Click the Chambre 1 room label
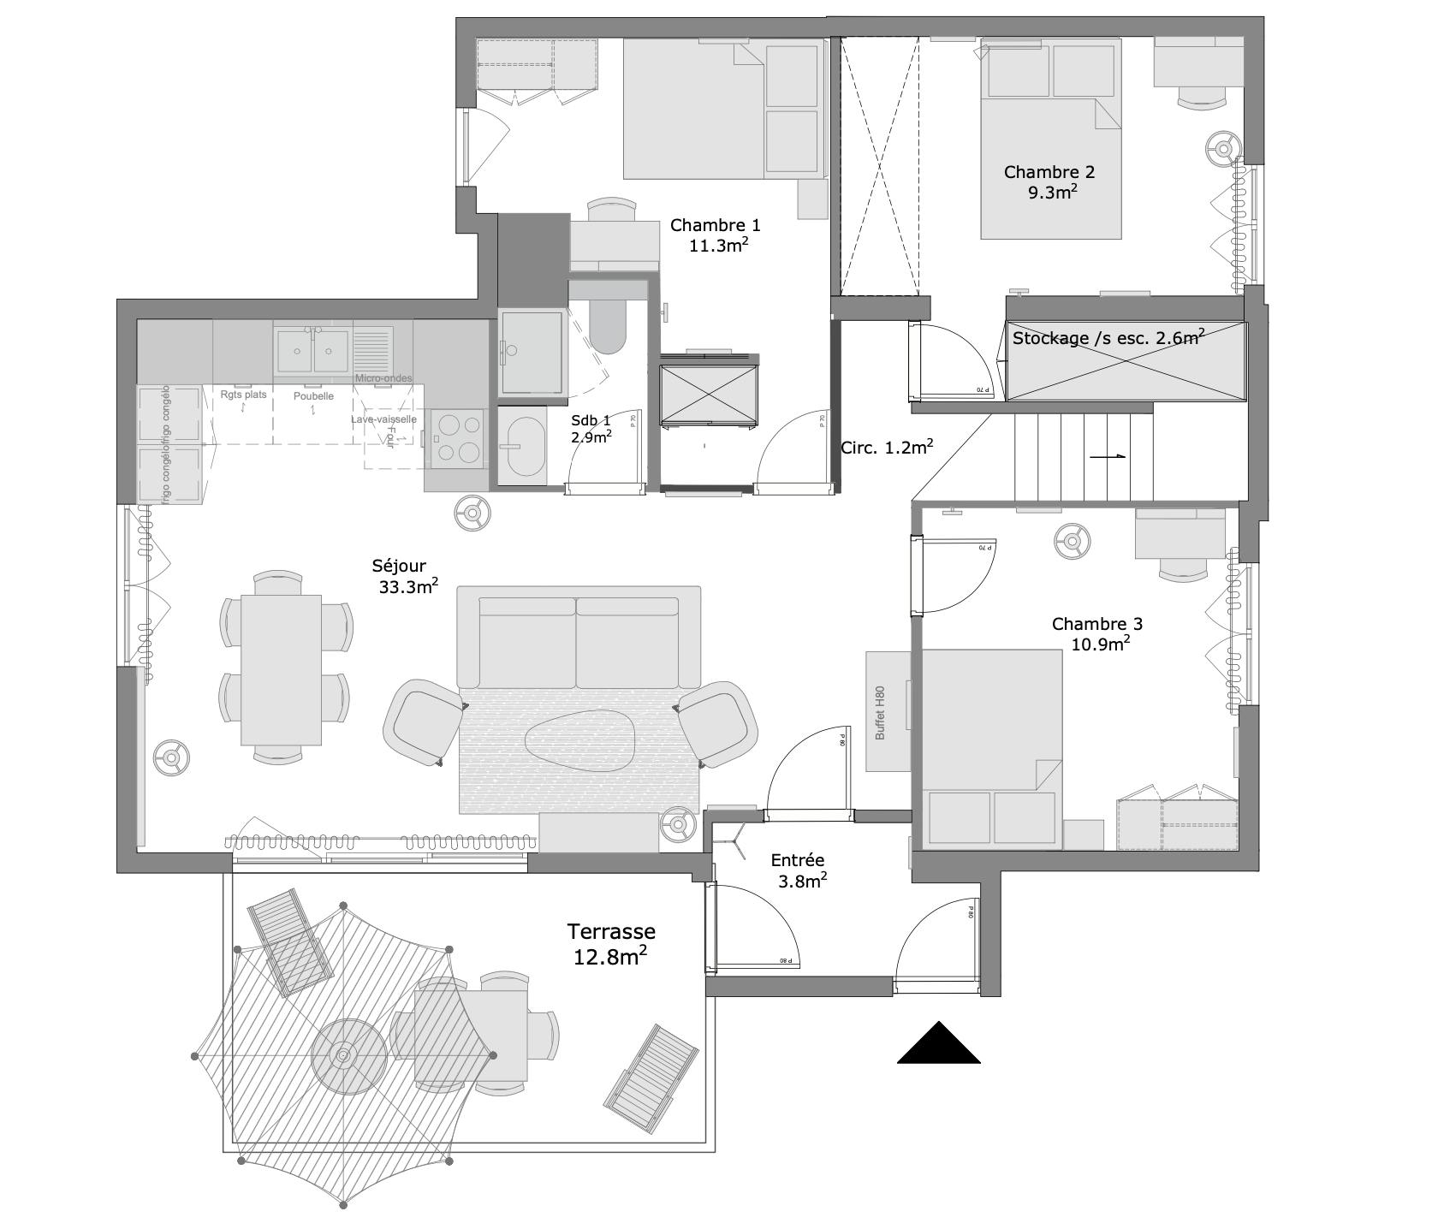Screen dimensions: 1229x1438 click(715, 226)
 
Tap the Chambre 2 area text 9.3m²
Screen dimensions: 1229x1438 click(1052, 193)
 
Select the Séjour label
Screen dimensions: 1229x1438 click(399, 566)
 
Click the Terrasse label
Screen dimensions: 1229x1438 click(611, 931)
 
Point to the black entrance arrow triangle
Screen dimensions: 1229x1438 click(938, 1044)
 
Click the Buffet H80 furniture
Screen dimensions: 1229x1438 click(888, 711)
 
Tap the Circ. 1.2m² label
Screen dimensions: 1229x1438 click(886, 447)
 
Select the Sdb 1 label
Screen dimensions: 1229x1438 click(591, 420)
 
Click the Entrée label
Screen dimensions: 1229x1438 click(797, 860)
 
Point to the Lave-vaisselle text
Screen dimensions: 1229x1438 click(383, 419)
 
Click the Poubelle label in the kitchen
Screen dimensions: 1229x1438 click(313, 396)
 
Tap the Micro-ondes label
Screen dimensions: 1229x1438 click(383, 378)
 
